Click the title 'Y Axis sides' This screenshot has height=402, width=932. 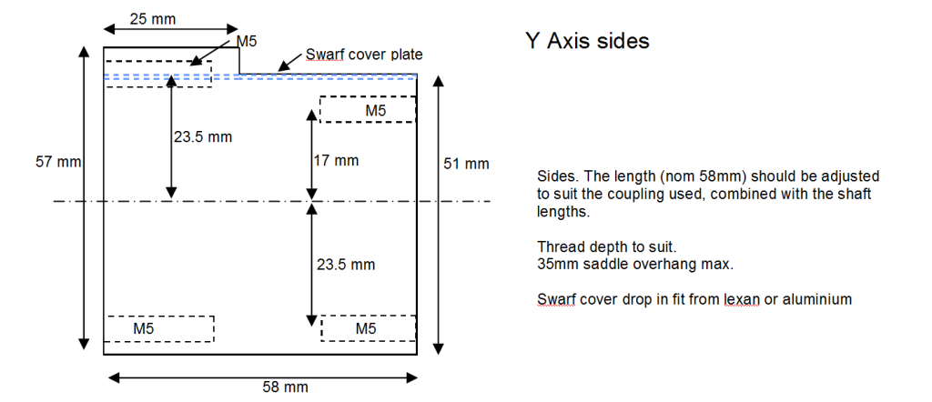pos(587,41)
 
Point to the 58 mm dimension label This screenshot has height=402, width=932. pos(284,387)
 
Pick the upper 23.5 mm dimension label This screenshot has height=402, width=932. pos(203,137)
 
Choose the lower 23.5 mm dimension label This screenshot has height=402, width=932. pos(345,265)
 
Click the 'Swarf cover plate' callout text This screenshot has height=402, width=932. pos(364,55)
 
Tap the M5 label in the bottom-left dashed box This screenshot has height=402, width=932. pos(145,327)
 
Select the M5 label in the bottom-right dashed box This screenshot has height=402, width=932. pos(366,327)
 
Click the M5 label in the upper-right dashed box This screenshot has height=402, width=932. pos(375,110)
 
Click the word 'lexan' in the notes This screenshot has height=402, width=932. pos(730,298)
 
